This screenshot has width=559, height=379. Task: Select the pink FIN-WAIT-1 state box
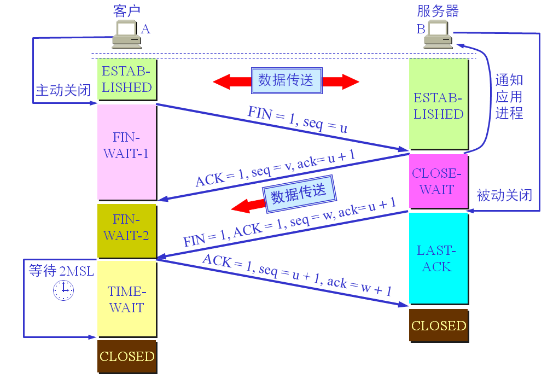point(126,152)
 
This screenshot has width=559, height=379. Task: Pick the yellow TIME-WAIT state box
point(126,299)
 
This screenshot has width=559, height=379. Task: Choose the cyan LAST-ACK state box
point(438,258)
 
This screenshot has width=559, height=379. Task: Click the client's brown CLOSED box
point(127,357)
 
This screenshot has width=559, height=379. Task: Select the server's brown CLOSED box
point(438,326)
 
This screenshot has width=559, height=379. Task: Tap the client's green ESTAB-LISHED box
point(126,79)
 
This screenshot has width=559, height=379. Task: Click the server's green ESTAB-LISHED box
point(438,105)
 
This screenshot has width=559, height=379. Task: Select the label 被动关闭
point(504,195)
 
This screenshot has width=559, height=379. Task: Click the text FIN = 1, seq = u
point(298,120)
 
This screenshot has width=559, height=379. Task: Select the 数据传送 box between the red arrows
point(286,80)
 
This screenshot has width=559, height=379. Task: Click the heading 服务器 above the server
point(438,11)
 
